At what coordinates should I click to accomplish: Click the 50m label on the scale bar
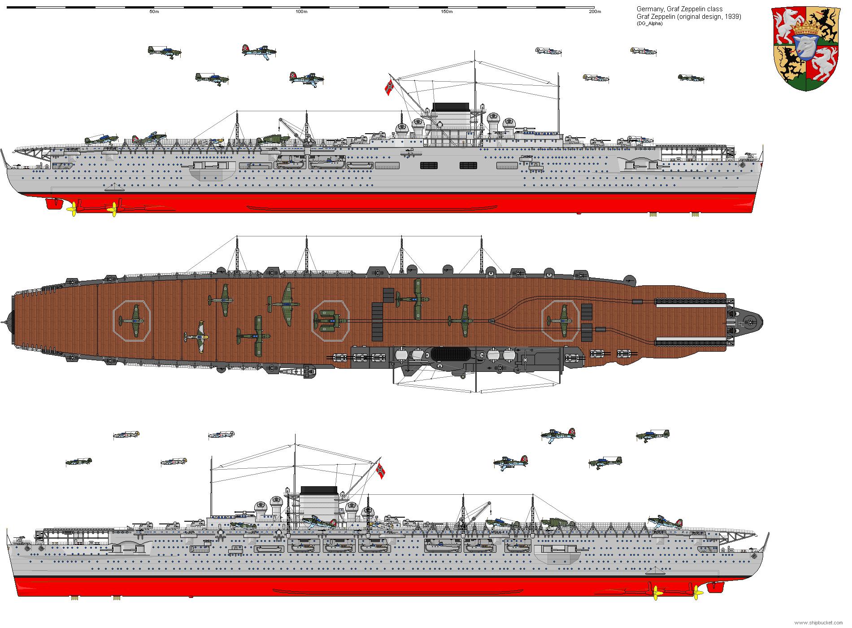154,12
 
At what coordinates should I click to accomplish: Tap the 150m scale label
447,12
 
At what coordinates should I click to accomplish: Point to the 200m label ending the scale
595,12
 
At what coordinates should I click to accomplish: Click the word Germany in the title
648,9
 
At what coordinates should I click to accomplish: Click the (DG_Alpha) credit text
649,23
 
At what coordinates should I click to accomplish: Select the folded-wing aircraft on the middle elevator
330,320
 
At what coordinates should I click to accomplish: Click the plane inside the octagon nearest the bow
561,320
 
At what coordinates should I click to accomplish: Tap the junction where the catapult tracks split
492,320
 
